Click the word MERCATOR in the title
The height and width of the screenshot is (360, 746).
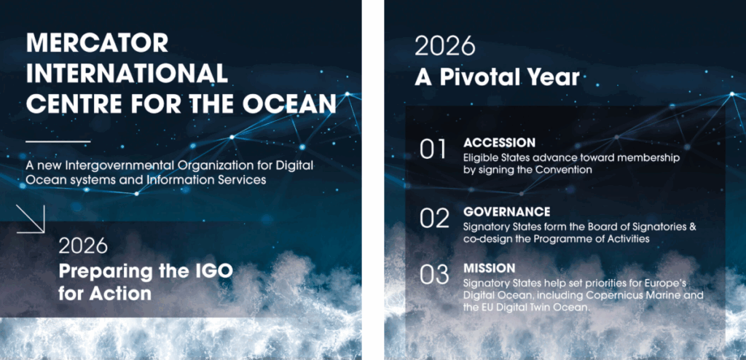pyautogui.click(x=97, y=43)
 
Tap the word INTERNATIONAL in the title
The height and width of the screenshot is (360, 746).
pyautogui.click(x=127, y=74)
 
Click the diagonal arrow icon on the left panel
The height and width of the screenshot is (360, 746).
pyautogui.click(x=31, y=219)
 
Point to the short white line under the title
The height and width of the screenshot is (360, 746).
pyautogui.click(x=58, y=141)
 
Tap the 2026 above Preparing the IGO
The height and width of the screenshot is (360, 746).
pyautogui.click(x=83, y=246)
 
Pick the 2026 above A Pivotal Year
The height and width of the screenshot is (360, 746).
pyautogui.click(x=445, y=46)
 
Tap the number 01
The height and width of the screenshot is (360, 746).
pyautogui.click(x=433, y=149)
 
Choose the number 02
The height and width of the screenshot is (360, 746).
pyautogui.click(x=434, y=218)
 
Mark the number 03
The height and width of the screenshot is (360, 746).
pyautogui.click(x=434, y=274)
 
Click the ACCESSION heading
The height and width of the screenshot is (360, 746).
pyautogui.click(x=499, y=143)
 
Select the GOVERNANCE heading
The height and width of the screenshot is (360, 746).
pyautogui.click(x=507, y=211)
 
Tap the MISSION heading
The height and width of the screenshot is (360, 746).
pyautogui.click(x=489, y=268)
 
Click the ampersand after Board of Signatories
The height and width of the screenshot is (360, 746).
pyautogui.click(x=692, y=227)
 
